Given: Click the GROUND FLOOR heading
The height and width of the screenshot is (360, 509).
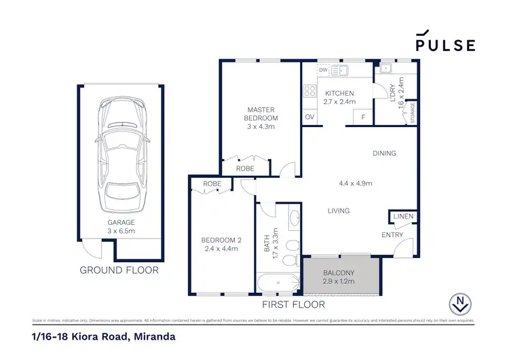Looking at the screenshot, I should pos(119,270).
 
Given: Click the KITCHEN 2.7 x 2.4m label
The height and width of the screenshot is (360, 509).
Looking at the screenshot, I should pos(339,97).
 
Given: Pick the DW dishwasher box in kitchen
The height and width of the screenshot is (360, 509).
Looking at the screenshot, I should pos(323,70).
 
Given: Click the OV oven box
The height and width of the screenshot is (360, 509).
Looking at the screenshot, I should pos(309,118).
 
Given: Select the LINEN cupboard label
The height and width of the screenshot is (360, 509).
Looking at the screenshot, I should pos(402,217).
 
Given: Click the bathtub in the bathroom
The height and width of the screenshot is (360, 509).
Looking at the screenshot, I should pos(278,284).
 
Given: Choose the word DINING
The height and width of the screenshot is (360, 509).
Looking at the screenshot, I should pos(384,154).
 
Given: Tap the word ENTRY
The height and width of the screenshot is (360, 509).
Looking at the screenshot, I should pos(392,235).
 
